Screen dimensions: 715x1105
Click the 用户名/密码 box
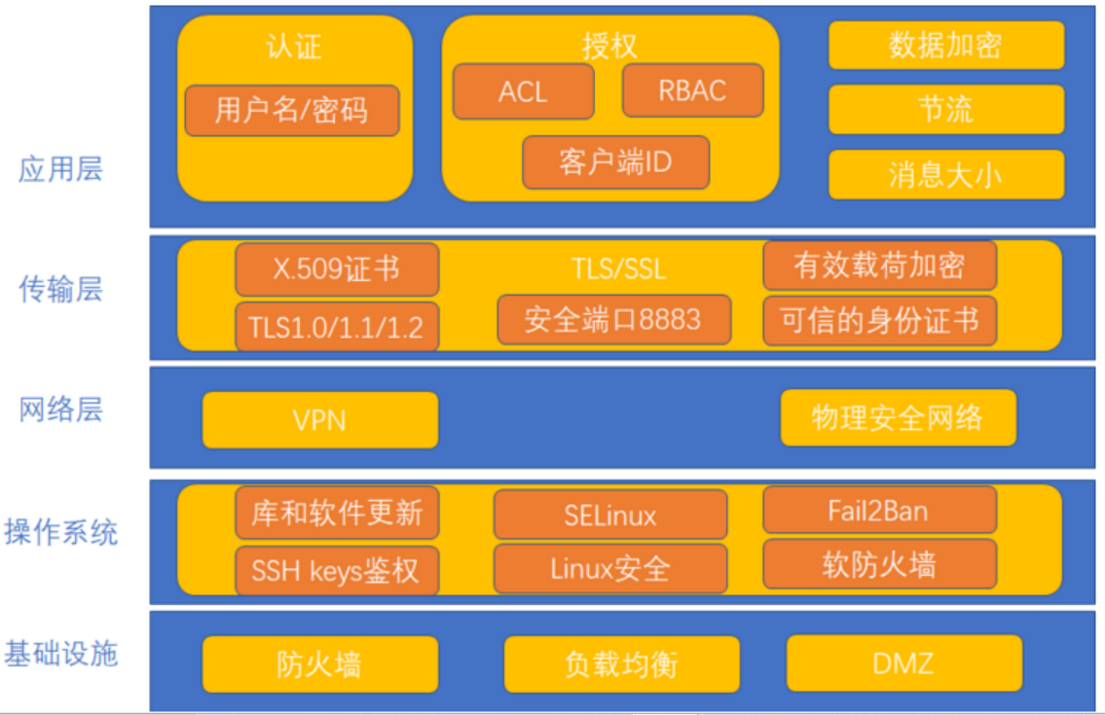291,110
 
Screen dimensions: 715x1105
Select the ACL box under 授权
523,91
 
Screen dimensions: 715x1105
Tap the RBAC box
692,90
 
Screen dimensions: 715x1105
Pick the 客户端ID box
615,161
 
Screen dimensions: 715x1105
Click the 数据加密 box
945,46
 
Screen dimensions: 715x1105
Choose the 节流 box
945,109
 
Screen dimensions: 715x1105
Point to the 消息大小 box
945,174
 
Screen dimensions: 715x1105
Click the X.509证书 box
337,269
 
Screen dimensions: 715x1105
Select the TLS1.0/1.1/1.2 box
337,326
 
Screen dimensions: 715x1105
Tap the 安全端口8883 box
613,319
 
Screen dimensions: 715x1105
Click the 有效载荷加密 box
879,266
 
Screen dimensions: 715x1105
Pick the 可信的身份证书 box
879,321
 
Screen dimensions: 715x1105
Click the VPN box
319,420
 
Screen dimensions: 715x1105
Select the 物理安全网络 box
898,418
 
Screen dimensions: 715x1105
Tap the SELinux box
610,515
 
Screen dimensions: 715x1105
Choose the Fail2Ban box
879,510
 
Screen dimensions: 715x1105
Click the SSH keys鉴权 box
337,570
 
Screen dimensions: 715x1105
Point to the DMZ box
903,663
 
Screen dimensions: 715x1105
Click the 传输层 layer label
60,289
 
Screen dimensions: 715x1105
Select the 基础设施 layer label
60,653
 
